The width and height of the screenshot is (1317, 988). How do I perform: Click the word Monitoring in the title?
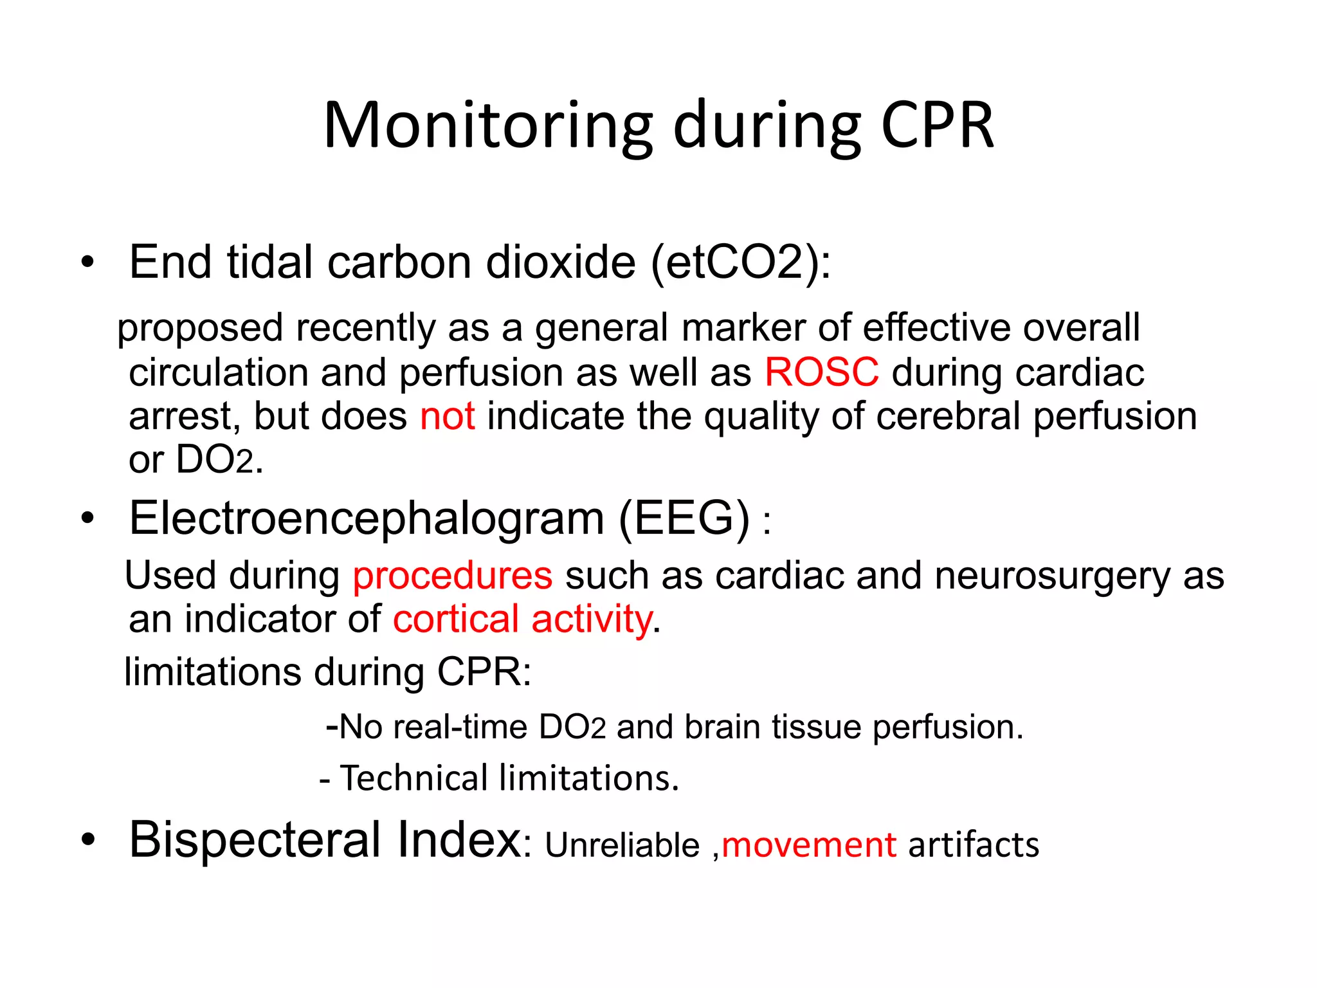click(488, 126)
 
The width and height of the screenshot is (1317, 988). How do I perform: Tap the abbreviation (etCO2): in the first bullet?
click(740, 263)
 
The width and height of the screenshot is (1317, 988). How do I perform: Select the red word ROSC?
click(821, 372)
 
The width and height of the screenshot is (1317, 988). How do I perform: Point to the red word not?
click(447, 416)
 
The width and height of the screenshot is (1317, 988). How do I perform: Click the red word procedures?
click(452, 576)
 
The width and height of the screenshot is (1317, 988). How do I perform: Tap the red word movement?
click(809, 845)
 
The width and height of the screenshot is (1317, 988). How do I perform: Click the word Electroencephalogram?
click(367, 518)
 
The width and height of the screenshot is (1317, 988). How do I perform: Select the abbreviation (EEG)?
click(684, 518)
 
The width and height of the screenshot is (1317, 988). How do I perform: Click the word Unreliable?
click(622, 845)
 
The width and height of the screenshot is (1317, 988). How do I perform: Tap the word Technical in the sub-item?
click(414, 778)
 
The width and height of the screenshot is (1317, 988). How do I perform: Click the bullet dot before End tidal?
click(87, 263)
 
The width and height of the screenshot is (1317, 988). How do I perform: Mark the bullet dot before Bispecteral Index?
click(87, 839)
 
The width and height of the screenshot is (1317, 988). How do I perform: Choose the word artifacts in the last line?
click(973, 845)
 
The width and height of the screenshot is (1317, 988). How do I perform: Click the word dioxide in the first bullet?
click(561, 263)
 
